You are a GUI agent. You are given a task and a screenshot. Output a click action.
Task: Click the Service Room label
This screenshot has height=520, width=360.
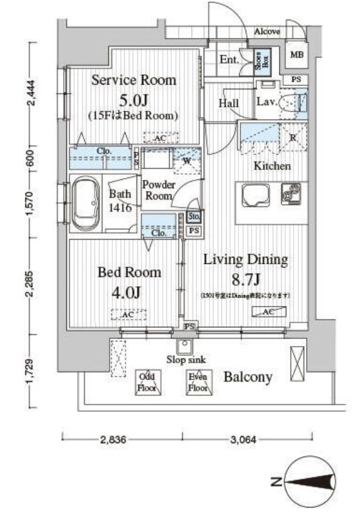[133, 81]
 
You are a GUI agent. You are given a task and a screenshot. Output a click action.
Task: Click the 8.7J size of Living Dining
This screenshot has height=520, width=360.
[244, 278]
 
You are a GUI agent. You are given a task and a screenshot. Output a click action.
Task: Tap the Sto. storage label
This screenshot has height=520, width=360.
[194, 217]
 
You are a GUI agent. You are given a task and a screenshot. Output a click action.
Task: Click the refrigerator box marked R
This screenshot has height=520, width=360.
[292, 137]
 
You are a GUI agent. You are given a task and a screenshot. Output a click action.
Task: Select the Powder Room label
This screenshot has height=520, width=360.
[158, 190]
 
